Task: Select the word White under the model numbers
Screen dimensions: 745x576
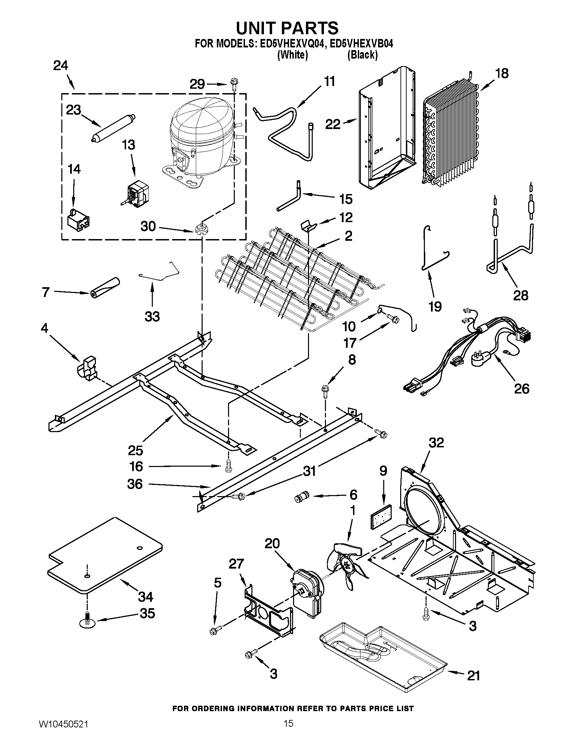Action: click(293, 55)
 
